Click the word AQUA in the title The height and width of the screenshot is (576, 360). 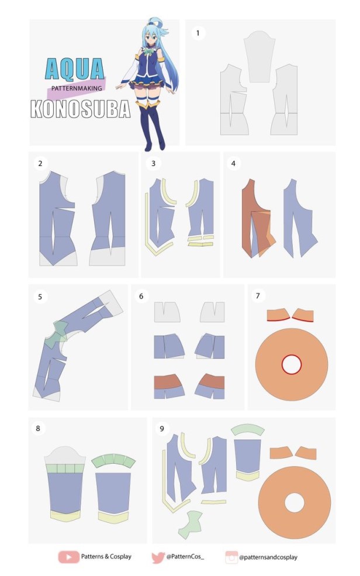point(75,69)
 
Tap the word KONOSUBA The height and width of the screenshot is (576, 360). point(81,109)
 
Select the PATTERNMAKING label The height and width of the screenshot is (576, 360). point(77,88)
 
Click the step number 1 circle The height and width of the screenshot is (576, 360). point(198,33)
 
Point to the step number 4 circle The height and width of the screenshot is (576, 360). point(233,164)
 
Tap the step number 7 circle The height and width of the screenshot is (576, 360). point(258,296)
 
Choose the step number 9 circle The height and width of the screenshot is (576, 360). point(162,428)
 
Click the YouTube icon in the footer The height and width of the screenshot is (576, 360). point(68,557)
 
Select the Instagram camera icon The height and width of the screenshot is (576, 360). point(231,557)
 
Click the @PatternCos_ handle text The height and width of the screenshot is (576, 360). point(185,557)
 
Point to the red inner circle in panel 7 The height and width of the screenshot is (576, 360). point(292,364)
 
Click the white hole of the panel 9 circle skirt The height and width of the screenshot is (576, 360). point(295,503)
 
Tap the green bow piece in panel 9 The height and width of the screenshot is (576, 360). point(190,524)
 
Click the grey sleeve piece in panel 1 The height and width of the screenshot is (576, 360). point(259,56)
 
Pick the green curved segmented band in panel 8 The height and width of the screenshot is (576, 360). point(113,460)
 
